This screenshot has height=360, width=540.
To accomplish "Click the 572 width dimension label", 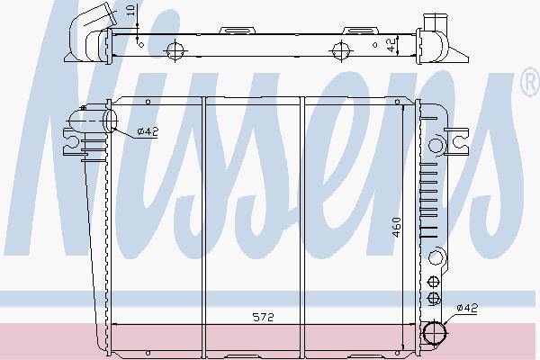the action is point(264,317).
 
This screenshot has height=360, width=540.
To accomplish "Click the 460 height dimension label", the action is point(397,228).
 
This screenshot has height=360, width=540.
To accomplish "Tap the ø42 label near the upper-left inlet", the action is point(148,131).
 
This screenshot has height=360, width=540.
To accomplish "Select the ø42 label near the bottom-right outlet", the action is point(467,308).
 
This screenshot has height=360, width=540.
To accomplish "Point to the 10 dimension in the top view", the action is point(130,10).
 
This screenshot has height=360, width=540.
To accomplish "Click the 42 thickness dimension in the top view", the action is point(391,45).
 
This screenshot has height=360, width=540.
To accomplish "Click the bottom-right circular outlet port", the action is point(435,333).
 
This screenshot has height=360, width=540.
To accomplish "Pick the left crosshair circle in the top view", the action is point(175,50).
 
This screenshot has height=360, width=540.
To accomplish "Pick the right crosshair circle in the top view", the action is point(342,51).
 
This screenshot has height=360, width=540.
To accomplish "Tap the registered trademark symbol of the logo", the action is point(531,82).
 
